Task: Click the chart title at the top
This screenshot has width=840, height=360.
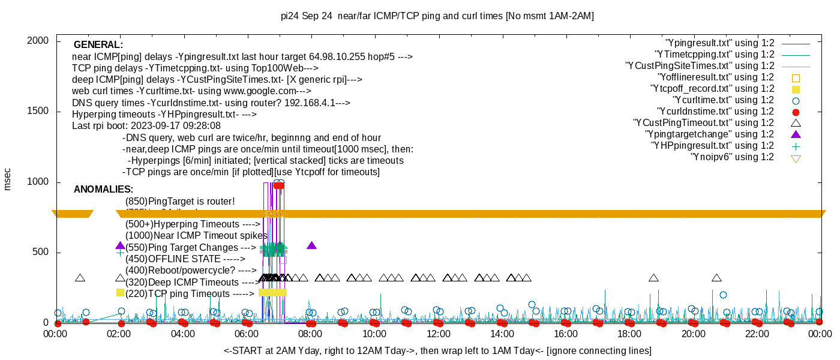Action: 437,16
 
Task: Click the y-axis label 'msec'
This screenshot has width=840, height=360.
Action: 8,179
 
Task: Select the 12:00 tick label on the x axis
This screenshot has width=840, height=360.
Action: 438,334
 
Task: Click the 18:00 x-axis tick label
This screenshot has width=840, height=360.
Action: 629,334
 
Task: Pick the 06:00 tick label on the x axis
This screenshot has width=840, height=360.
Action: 247,334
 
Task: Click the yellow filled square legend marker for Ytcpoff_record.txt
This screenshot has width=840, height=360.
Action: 796,89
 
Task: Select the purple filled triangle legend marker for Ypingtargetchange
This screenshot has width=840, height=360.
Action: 796,134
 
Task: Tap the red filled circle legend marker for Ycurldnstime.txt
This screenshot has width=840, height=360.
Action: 796,112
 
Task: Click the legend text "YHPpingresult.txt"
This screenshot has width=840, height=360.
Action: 713,146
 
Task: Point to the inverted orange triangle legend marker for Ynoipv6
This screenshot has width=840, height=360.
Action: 796,158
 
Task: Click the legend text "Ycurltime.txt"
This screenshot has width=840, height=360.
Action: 724,100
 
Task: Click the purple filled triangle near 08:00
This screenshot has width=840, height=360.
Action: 311,245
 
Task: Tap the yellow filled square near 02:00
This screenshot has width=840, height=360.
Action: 120,292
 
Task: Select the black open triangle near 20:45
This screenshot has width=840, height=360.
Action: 716,277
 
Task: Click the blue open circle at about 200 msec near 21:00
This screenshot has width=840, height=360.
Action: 723,295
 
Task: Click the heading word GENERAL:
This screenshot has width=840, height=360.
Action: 98,45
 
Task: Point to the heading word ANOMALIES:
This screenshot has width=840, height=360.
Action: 103,190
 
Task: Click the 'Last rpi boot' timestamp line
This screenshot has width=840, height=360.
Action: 146,126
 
